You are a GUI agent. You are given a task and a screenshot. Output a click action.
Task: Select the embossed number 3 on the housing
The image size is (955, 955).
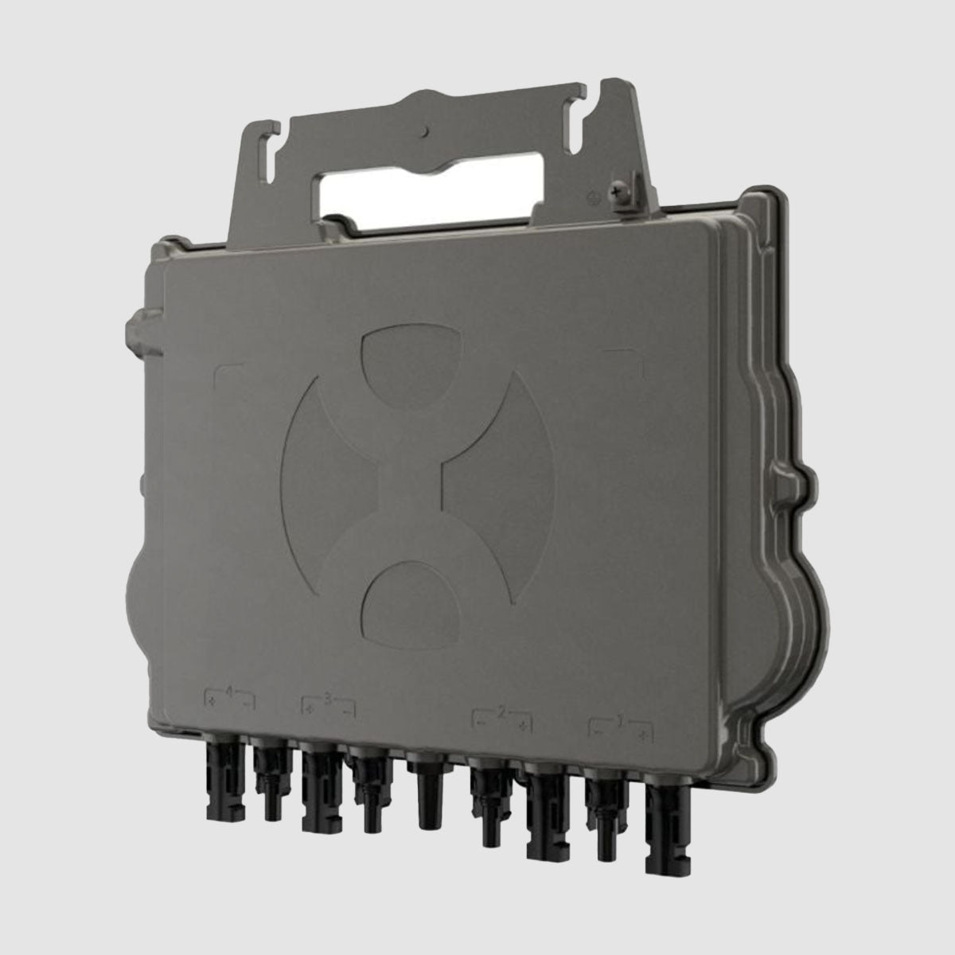tap(328, 698)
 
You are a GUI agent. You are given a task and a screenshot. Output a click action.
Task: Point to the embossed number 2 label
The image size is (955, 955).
tap(501, 711)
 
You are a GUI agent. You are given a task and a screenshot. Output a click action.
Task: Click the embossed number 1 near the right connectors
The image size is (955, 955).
tap(620, 719)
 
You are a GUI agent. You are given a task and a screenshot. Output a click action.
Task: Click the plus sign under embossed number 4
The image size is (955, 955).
tap(212, 702)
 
